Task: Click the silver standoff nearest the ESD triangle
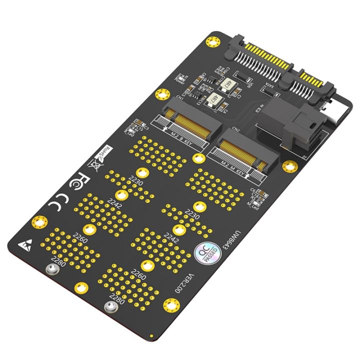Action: pos(50,270)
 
